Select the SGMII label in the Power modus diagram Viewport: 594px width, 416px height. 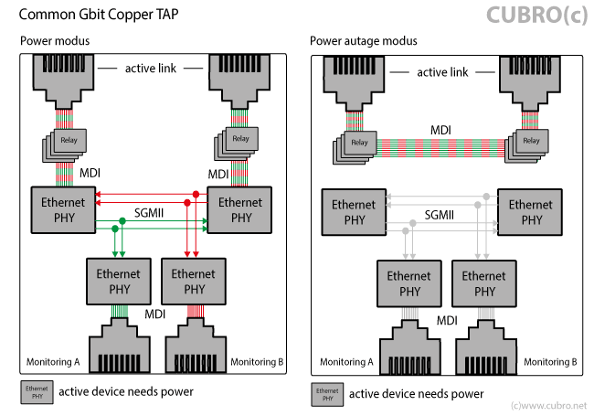149,212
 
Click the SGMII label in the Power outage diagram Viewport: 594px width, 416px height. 442,212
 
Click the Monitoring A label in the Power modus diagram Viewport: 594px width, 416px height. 53,362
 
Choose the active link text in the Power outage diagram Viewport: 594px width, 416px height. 442,72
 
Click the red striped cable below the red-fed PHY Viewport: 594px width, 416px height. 194,313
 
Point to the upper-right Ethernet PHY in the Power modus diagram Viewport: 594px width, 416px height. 241,211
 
